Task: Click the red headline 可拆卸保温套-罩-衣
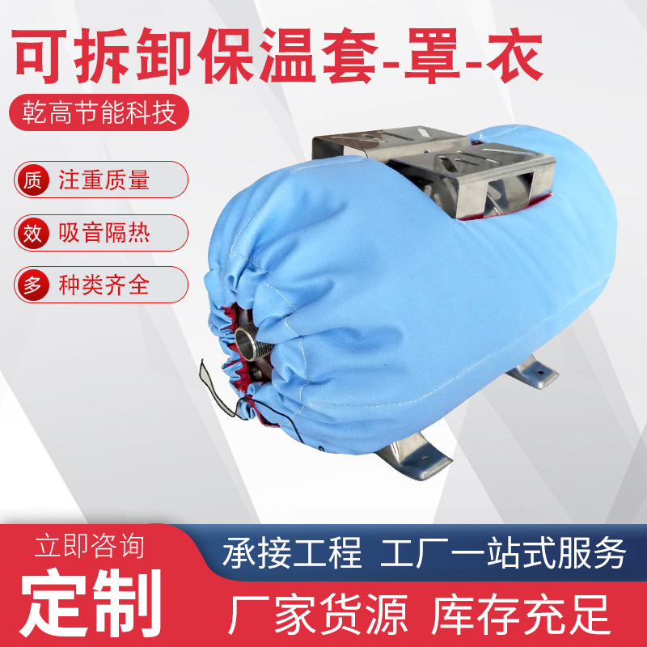277,55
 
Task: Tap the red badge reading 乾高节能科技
99,112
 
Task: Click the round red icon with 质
32,180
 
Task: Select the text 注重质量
104,180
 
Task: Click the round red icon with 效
32,233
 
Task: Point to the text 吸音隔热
104,233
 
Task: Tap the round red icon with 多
32,285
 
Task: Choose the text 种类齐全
104,285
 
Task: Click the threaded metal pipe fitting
252,341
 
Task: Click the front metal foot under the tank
412,455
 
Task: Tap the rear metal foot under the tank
532,373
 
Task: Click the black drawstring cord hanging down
247,402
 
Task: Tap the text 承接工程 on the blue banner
292,552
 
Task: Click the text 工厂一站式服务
503,552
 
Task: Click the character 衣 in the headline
514,55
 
